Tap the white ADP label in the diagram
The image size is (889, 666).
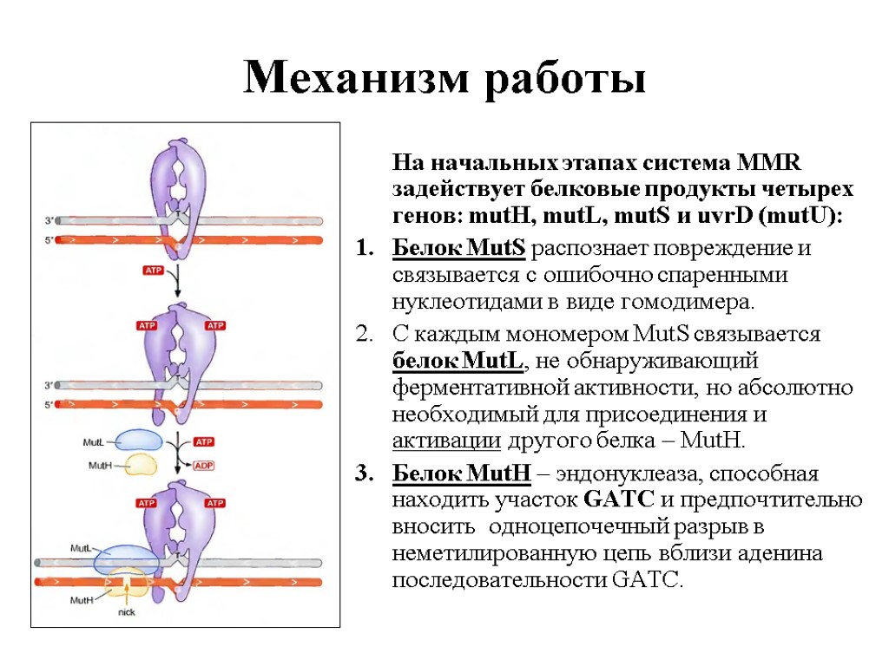(202, 466)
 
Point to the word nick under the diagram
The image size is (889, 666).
(127, 611)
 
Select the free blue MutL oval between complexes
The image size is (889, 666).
(135, 441)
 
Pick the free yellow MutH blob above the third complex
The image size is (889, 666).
(138, 464)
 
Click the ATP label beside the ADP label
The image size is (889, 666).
(202, 441)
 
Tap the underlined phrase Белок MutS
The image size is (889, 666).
(458, 248)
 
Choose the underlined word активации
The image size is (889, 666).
(446, 441)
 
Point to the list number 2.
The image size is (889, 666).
(363, 334)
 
